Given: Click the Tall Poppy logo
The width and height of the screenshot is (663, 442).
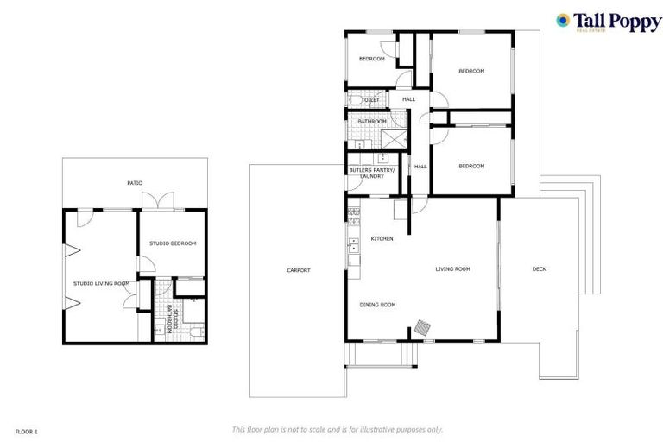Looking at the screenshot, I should click(608, 22).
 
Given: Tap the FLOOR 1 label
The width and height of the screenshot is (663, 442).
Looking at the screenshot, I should click(27, 430).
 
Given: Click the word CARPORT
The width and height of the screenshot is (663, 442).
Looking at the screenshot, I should click(299, 270).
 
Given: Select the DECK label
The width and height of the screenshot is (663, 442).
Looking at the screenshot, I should click(539, 269).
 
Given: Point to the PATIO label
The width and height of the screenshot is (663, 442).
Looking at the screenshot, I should click(135, 183).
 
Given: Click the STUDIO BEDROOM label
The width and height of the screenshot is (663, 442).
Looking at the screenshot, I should click(173, 243).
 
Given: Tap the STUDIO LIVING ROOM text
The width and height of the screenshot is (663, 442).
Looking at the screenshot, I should click(101, 283).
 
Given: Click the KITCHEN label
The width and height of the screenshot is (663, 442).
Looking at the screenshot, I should click(382, 238).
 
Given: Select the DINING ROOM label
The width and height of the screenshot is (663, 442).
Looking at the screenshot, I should click(377, 304).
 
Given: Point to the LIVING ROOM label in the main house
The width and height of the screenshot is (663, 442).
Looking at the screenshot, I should click(452, 269).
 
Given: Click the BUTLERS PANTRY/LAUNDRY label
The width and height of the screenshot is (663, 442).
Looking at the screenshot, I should click(372, 173).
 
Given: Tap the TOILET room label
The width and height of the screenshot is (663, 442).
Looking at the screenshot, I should click(370, 100).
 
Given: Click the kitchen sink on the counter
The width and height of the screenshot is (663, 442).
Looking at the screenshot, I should click(352, 251).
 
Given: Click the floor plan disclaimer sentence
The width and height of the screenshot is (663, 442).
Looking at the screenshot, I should click(338, 429).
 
